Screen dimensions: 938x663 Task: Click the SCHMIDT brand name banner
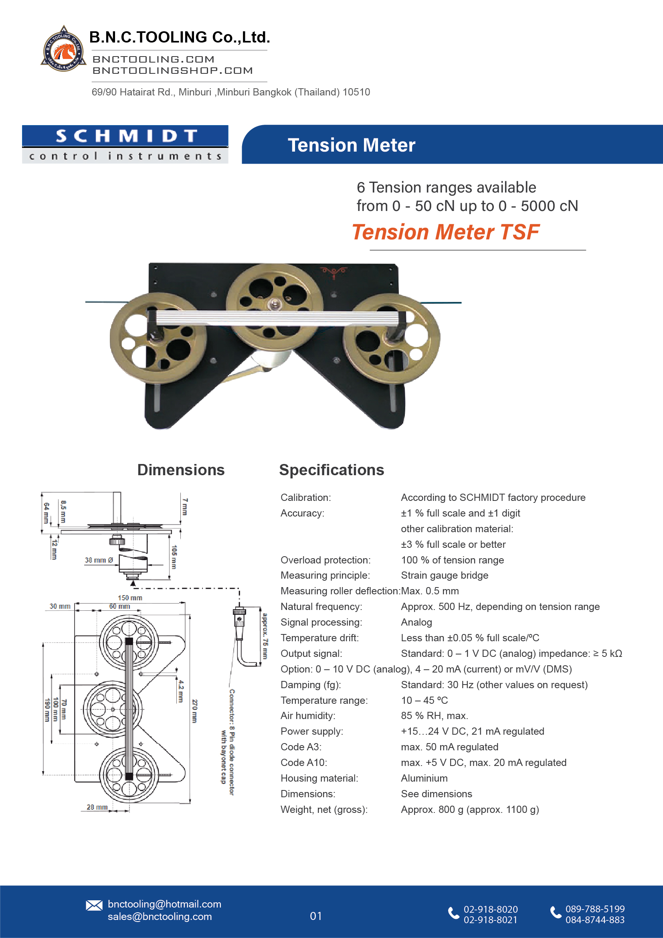click(x=125, y=136)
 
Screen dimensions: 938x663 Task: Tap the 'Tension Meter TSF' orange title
click(x=445, y=232)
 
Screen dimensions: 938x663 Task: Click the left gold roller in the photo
click(x=158, y=338)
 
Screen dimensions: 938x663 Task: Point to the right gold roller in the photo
click(x=391, y=338)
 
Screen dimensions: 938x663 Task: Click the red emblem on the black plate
click(x=334, y=271)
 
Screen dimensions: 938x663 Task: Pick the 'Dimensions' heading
click(x=181, y=470)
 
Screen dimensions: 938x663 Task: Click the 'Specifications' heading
click(x=331, y=470)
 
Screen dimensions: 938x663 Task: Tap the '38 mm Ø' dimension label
click(x=99, y=560)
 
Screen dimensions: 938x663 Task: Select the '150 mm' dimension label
click(x=130, y=598)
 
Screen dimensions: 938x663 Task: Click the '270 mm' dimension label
click(x=195, y=711)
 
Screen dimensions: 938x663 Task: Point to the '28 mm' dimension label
click(x=97, y=807)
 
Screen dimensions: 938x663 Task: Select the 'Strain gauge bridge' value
click(x=444, y=575)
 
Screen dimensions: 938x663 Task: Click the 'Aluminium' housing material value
click(x=424, y=778)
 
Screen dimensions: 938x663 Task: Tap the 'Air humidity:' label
click(x=307, y=716)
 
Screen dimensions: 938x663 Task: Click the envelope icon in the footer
click(x=94, y=906)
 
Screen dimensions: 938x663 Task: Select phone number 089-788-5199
click(x=594, y=909)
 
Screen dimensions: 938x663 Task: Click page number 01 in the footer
click(x=315, y=916)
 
